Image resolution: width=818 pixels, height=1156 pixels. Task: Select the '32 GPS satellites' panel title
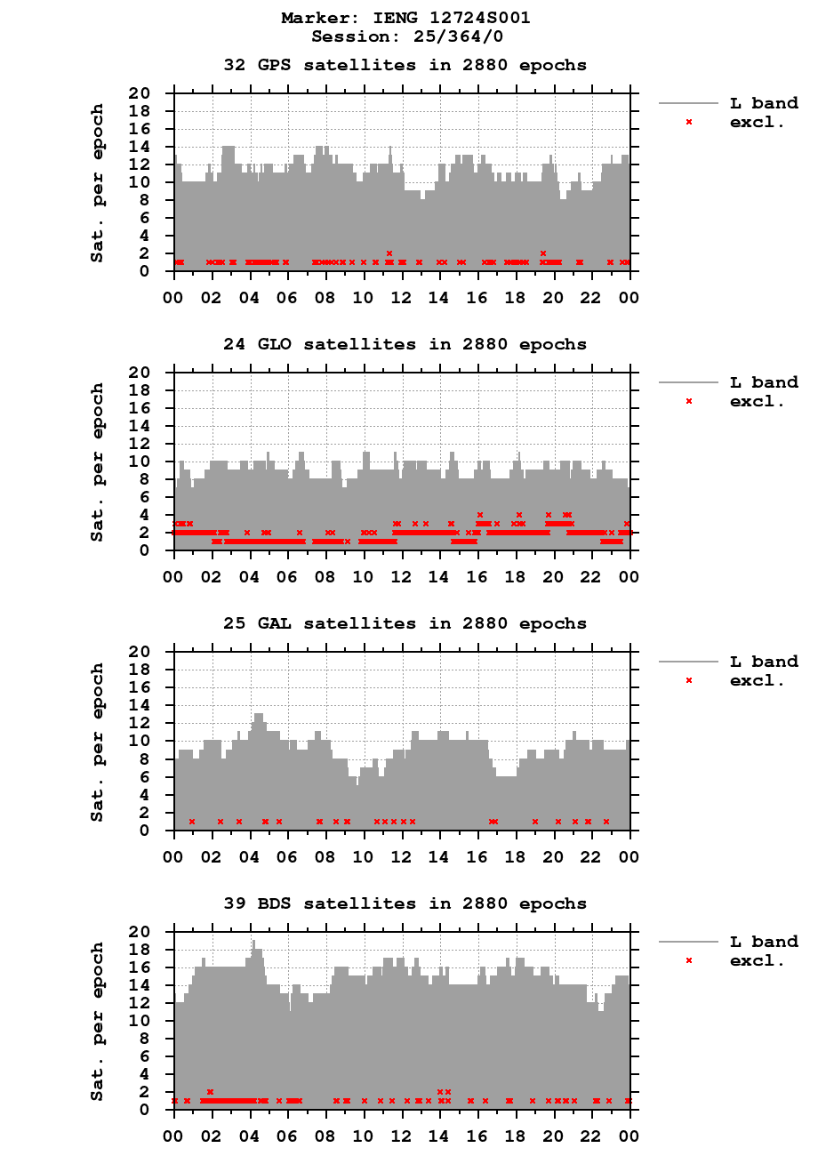coord(405,65)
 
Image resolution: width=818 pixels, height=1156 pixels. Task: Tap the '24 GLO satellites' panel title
coord(405,344)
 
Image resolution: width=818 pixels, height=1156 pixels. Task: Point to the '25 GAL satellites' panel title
coord(405,623)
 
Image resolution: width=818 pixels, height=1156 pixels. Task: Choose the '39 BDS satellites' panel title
coord(405,903)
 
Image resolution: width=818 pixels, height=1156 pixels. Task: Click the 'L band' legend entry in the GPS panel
coord(763,103)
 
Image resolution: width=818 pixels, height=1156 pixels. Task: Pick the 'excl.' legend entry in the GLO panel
coord(757,401)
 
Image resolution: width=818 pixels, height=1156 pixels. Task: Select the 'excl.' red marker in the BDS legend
coord(689,960)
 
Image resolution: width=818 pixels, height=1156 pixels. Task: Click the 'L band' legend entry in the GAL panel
coord(763,662)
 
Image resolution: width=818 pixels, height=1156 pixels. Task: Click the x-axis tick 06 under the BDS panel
coord(288,1136)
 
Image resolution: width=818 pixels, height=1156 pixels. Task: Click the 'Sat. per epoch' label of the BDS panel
coord(98,1021)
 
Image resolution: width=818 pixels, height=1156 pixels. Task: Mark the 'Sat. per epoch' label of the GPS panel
coord(98,183)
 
